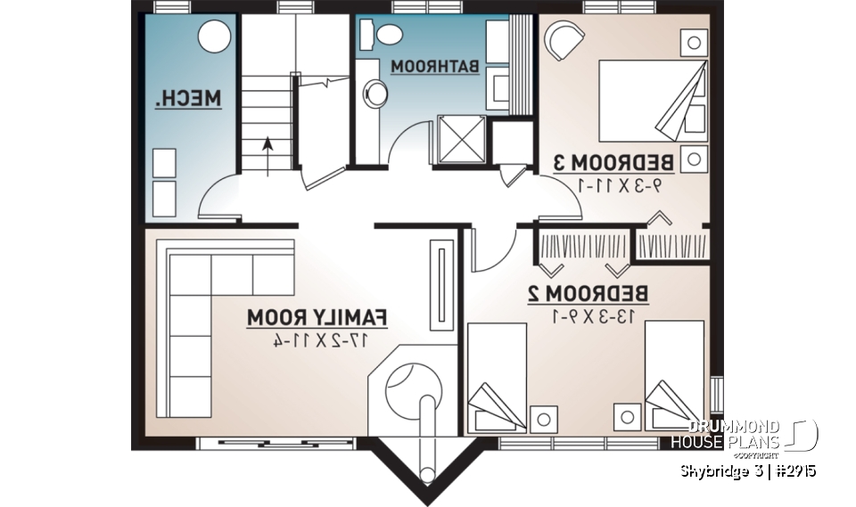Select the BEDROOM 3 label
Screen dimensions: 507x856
tap(613, 162)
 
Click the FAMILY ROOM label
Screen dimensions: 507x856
tap(317, 315)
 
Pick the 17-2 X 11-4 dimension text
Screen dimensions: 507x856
tap(318, 339)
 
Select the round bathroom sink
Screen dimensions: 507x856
tap(375, 92)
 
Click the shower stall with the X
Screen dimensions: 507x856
tap(460, 140)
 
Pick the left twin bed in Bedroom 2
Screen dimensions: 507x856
tap(497, 378)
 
